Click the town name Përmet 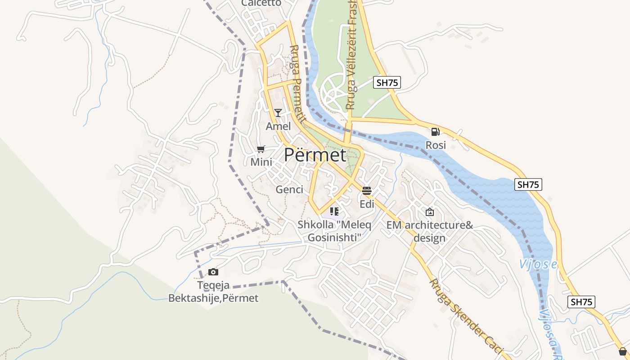click(315, 155)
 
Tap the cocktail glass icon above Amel click(278, 113)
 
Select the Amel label click(278, 126)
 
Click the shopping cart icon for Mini click(261, 149)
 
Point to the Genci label click(289, 189)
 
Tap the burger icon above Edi click(367, 190)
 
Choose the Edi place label click(367, 204)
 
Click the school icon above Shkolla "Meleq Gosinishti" click(334, 211)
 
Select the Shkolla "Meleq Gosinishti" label click(334, 230)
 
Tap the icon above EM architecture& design click(430, 212)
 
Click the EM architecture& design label click(430, 231)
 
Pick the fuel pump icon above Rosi click(435, 131)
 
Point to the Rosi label click(436, 145)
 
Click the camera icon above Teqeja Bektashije click(213, 272)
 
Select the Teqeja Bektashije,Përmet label click(213, 292)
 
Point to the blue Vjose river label click(538, 265)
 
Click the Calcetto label click(261, 3)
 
